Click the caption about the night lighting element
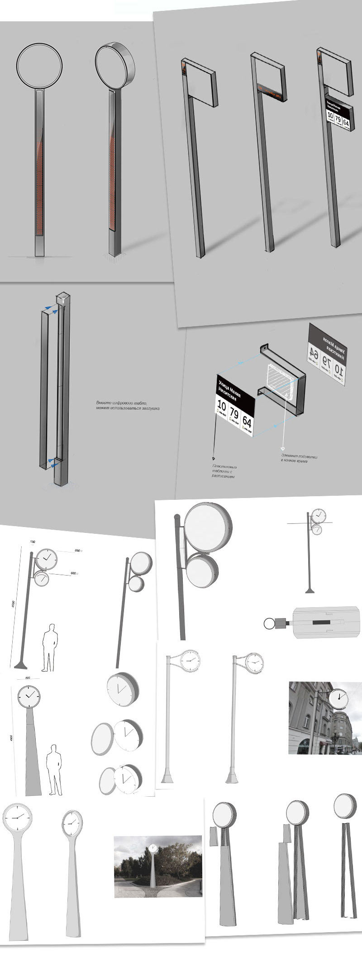click(x=299, y=458)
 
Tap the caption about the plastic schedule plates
click(x=225, y=471)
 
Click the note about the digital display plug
click(x=128, y=405)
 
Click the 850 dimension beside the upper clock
click(x=77, y=551)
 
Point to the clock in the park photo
click(x=153, y=847)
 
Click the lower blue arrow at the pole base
click(x=55, y=463)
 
